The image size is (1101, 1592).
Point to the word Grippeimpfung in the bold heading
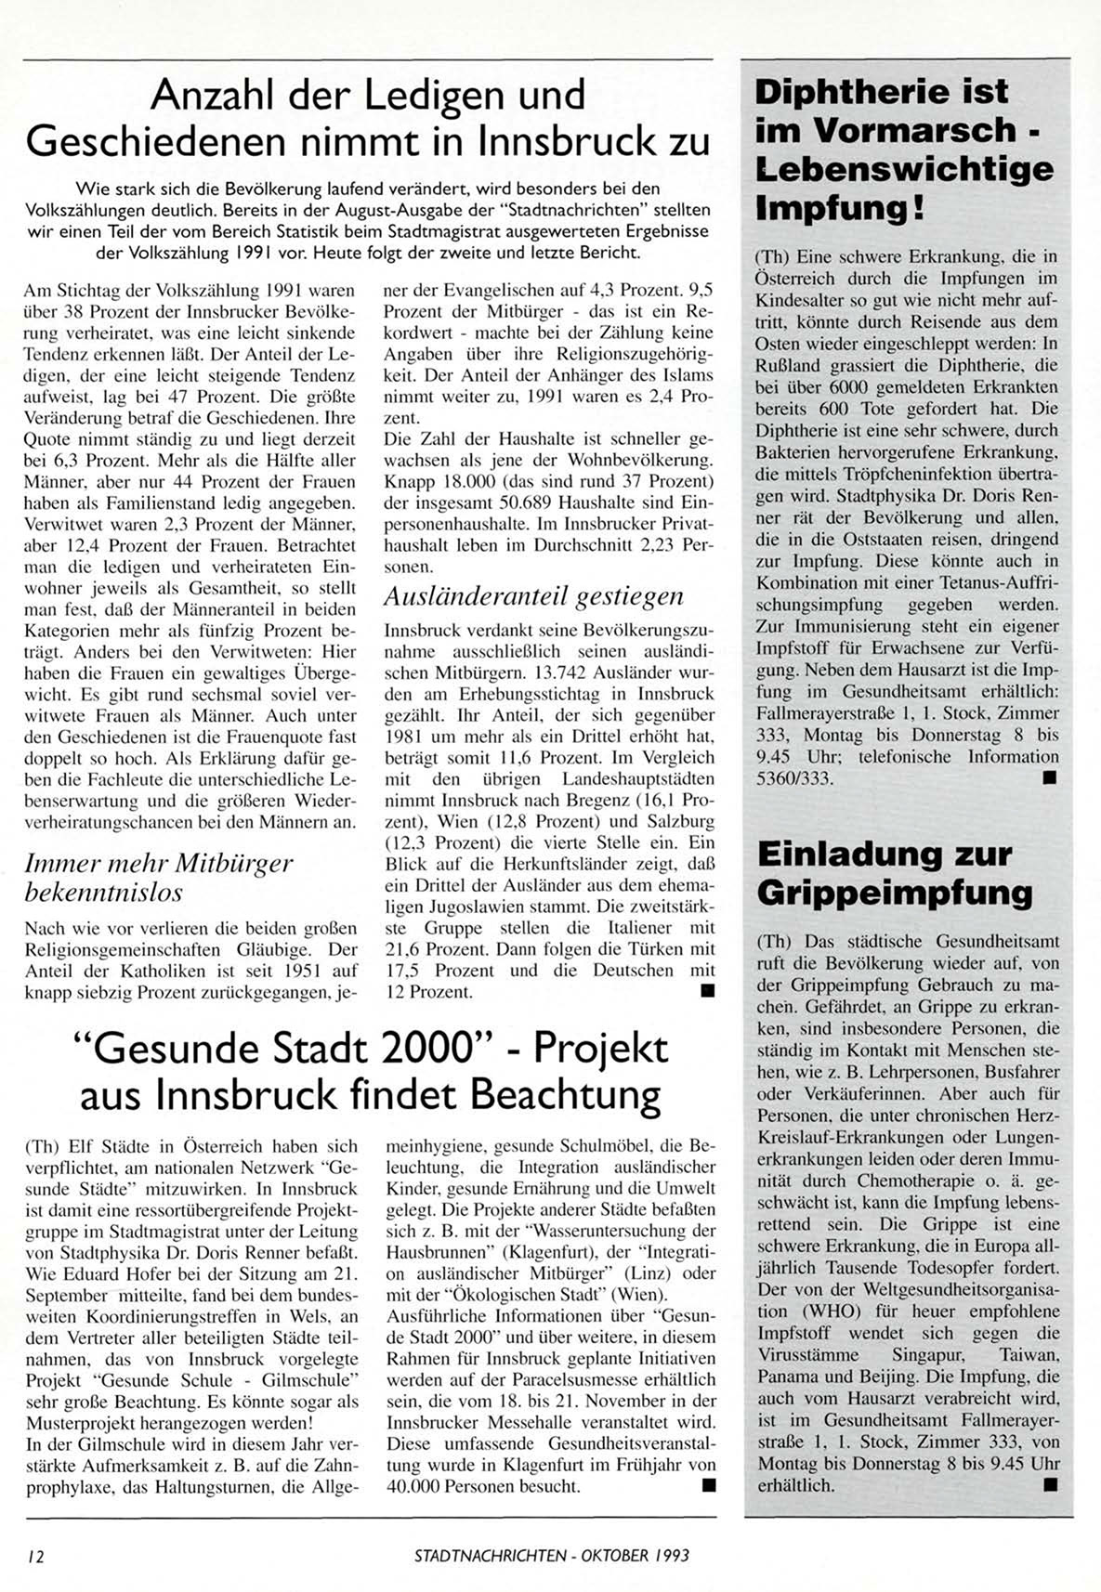(x=894, y=893)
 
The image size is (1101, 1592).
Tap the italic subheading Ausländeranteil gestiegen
(x=533, y=596)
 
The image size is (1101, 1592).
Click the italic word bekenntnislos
(x=103, y=893)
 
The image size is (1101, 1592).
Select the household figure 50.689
(x=508, y=502)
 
